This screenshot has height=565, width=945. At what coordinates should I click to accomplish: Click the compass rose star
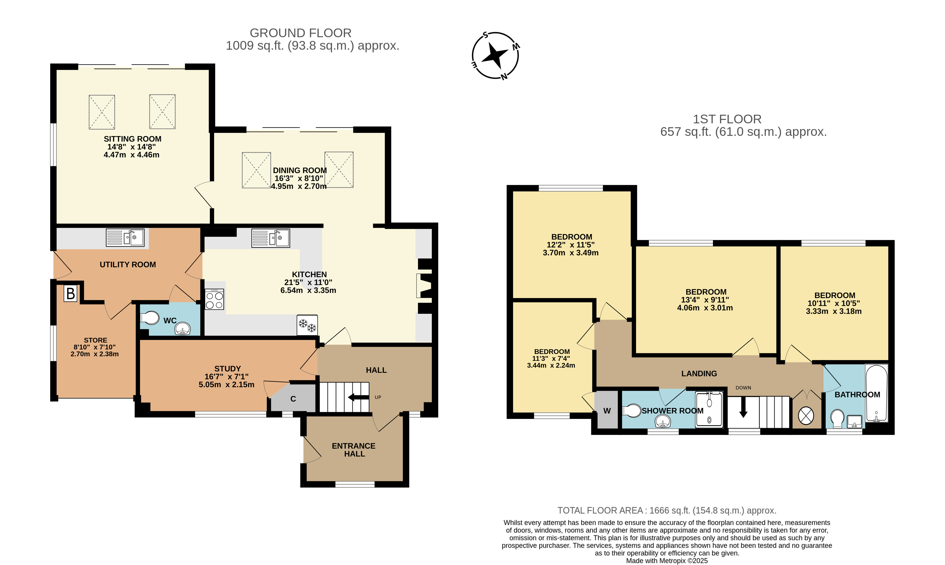point(495,56)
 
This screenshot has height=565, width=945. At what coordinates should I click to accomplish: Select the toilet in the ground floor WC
point(150,318)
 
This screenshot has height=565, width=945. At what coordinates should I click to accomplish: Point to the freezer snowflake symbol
point(307,325)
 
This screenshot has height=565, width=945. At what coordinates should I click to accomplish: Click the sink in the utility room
point(125,237)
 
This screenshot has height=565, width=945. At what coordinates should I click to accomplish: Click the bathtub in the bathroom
point(876,393)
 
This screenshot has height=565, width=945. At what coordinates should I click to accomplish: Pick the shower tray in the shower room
point(709,409)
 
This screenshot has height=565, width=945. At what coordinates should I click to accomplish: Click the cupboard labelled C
point(293,398)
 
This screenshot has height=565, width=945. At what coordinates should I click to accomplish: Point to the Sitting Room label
point(132,139)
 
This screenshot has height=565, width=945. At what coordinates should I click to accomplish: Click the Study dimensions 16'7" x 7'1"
point(227,376)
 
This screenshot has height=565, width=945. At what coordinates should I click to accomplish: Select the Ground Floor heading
point(300,33)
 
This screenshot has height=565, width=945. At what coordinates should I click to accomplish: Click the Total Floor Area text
point(667,510)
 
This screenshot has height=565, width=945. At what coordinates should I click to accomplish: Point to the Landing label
point(699,373)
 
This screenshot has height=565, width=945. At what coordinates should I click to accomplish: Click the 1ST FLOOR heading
point(727,119)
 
